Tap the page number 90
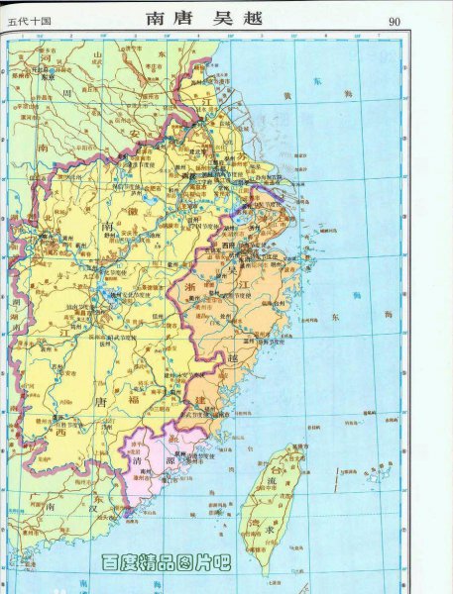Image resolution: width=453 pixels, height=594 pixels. click(x=395, y=20)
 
